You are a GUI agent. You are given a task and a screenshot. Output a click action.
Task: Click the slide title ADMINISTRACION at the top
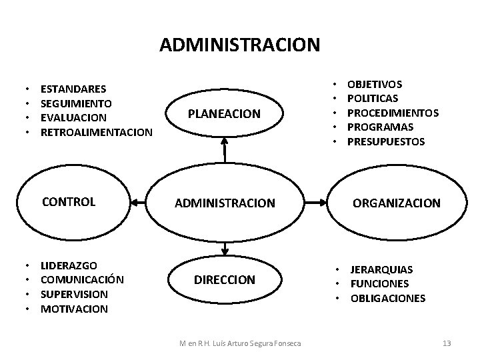240,45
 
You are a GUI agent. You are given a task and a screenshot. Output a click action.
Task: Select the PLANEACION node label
225,114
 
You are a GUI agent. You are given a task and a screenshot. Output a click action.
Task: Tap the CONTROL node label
69,201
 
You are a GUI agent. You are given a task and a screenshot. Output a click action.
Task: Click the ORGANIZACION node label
397,203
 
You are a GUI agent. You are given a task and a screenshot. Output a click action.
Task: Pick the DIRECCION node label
225,280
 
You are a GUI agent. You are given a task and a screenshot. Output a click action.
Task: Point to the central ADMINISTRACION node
225,203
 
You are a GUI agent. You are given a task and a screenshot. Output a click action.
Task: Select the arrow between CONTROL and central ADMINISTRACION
147,202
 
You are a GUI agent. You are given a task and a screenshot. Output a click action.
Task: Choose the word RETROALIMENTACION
97,132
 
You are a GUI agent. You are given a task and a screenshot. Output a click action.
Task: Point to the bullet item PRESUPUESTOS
386,141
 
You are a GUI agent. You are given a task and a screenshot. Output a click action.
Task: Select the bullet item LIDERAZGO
69,265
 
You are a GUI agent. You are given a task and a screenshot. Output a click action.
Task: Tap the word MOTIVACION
74,309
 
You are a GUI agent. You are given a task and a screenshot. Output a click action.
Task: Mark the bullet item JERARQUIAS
382,269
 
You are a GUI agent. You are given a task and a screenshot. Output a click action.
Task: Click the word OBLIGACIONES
388,298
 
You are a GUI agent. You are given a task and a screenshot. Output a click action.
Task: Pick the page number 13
447,343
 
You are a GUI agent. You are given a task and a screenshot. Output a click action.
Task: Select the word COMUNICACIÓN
83,279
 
